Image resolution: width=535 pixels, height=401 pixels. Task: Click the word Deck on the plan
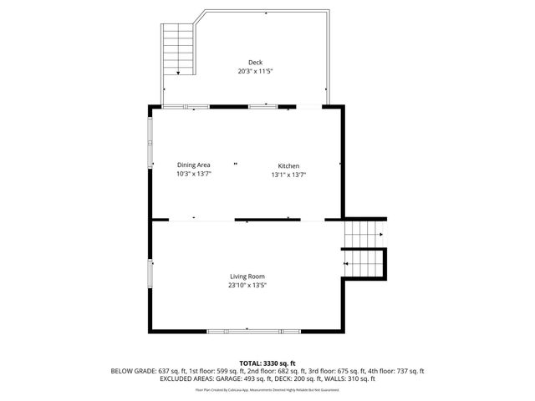(254, 63)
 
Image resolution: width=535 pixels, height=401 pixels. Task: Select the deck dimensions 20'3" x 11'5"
(254, 72)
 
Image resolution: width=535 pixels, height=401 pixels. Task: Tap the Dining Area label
(193, 165)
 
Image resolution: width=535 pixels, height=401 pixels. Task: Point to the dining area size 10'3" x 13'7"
(193, 175)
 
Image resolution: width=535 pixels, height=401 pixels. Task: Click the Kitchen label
(288, 166)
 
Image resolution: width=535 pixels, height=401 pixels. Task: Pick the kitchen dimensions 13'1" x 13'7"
(288, 175)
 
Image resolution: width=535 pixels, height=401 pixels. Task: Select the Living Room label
(248, 277)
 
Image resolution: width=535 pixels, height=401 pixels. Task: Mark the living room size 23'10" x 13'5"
(248, 286)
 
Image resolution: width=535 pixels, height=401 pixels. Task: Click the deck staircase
(177, 48)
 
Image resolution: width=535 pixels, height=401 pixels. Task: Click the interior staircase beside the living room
(365, 248)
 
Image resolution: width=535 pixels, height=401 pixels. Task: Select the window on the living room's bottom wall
(253, 332)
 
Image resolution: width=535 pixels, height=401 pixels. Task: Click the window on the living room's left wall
(150, 274)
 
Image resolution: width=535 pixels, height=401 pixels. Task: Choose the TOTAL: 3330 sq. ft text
(267, 363)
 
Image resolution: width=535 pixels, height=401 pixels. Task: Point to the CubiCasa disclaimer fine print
(267, 389)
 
